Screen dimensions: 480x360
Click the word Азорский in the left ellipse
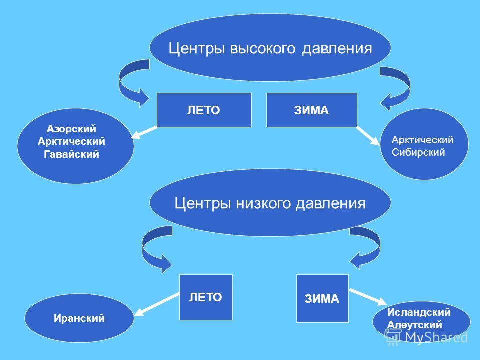pyautogui.click(x=71, y=129)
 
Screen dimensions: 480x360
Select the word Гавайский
pyautogui.click(x=71, y=154)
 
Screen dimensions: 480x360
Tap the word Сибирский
pyautogui.click(x=418, y=152)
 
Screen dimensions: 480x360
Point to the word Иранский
pyautogui.click(x=79, y=318)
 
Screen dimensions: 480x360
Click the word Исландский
pyautogui.click(x=419, y=312)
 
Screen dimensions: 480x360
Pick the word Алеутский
pyautogui.click(x=415, y=325)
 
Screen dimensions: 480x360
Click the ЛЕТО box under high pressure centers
pyautogui.click(x=204, y=110)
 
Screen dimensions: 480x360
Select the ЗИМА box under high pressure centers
pyautogui.click(x=312, y=110)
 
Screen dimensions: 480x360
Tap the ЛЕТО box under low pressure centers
pyautogui.click(x=206, y=297)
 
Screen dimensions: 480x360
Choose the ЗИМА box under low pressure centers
pyautogui.click(x=322, y=299)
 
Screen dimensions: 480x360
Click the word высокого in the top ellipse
pyautogui.click(x=262, y=48)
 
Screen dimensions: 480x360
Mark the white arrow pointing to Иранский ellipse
pyautogui.click(x=156, y=304)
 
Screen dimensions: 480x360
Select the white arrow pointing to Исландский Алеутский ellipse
pyautogui.click(x=368, y=297)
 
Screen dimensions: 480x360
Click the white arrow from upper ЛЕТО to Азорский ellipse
pyautogui.click(x=144, y=132)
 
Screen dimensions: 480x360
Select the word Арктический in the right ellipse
pyautogui.click(x=423, y=140)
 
